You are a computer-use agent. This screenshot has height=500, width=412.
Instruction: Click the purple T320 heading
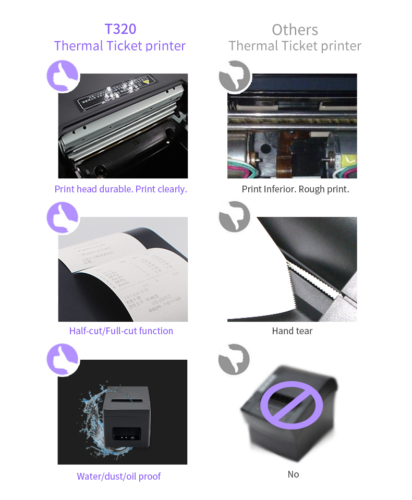tap(120, 29)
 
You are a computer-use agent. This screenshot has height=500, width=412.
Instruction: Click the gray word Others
tap(295, 29)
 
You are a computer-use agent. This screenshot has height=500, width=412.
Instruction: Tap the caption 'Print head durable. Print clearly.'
tap(120, 189)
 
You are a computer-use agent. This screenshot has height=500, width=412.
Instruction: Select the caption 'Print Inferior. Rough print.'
tap(295, 189)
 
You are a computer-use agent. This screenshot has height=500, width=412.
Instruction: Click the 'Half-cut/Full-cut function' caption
tap(121, 331)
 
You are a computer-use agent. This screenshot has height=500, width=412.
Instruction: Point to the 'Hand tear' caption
tap(292, 331)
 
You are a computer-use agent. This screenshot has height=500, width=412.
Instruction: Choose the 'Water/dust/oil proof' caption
tap(119, 475)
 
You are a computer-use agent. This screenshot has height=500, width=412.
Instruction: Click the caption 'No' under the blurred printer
tap(293, 474)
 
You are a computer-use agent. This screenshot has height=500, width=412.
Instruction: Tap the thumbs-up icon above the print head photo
tap(63, 76)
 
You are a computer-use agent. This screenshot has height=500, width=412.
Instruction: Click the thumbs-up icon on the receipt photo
tap(63, 217)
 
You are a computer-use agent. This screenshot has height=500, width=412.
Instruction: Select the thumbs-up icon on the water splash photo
tap(63, 359)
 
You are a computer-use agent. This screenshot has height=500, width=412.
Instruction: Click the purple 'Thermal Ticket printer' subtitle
tap(120, 46)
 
